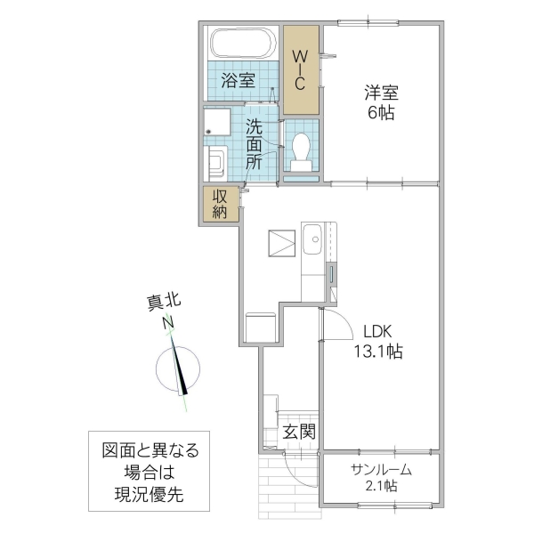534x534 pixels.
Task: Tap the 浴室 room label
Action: pos(238,79)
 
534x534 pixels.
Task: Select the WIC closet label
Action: pos(300,69)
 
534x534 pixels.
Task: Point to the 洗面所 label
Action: pos(254,144)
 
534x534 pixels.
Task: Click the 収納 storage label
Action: pos(220,204)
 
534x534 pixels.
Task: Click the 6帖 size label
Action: pos(380,113)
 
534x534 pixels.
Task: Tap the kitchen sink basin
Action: pos(314,239)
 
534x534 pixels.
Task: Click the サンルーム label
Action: pos(380,469)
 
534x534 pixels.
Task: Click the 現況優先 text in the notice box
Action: pos(149,494)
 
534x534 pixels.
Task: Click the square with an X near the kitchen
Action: pos(282,243)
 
